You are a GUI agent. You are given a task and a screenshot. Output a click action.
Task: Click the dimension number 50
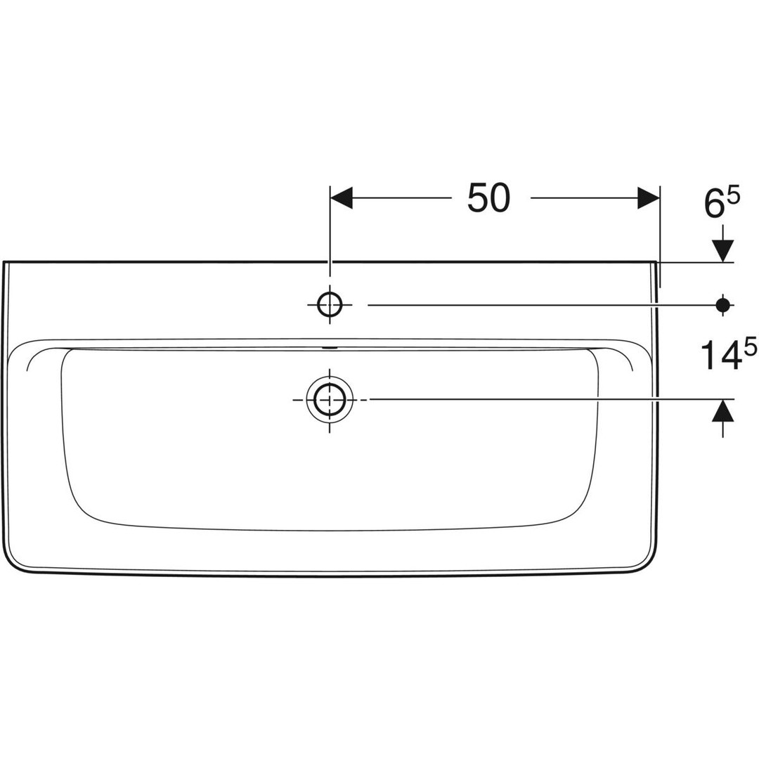click(489, 198)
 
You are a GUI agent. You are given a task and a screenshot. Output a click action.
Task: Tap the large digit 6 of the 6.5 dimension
click(714, 205)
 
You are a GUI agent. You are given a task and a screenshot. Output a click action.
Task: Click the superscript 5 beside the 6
click(734, 197)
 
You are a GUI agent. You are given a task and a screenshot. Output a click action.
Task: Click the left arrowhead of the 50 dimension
click(342, 198)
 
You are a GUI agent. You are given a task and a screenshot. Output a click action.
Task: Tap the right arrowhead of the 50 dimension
click(649, 198)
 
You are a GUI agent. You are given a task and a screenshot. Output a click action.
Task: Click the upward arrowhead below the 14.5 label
click(723, 410)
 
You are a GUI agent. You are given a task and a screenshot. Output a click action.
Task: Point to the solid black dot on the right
click(723, 304)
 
